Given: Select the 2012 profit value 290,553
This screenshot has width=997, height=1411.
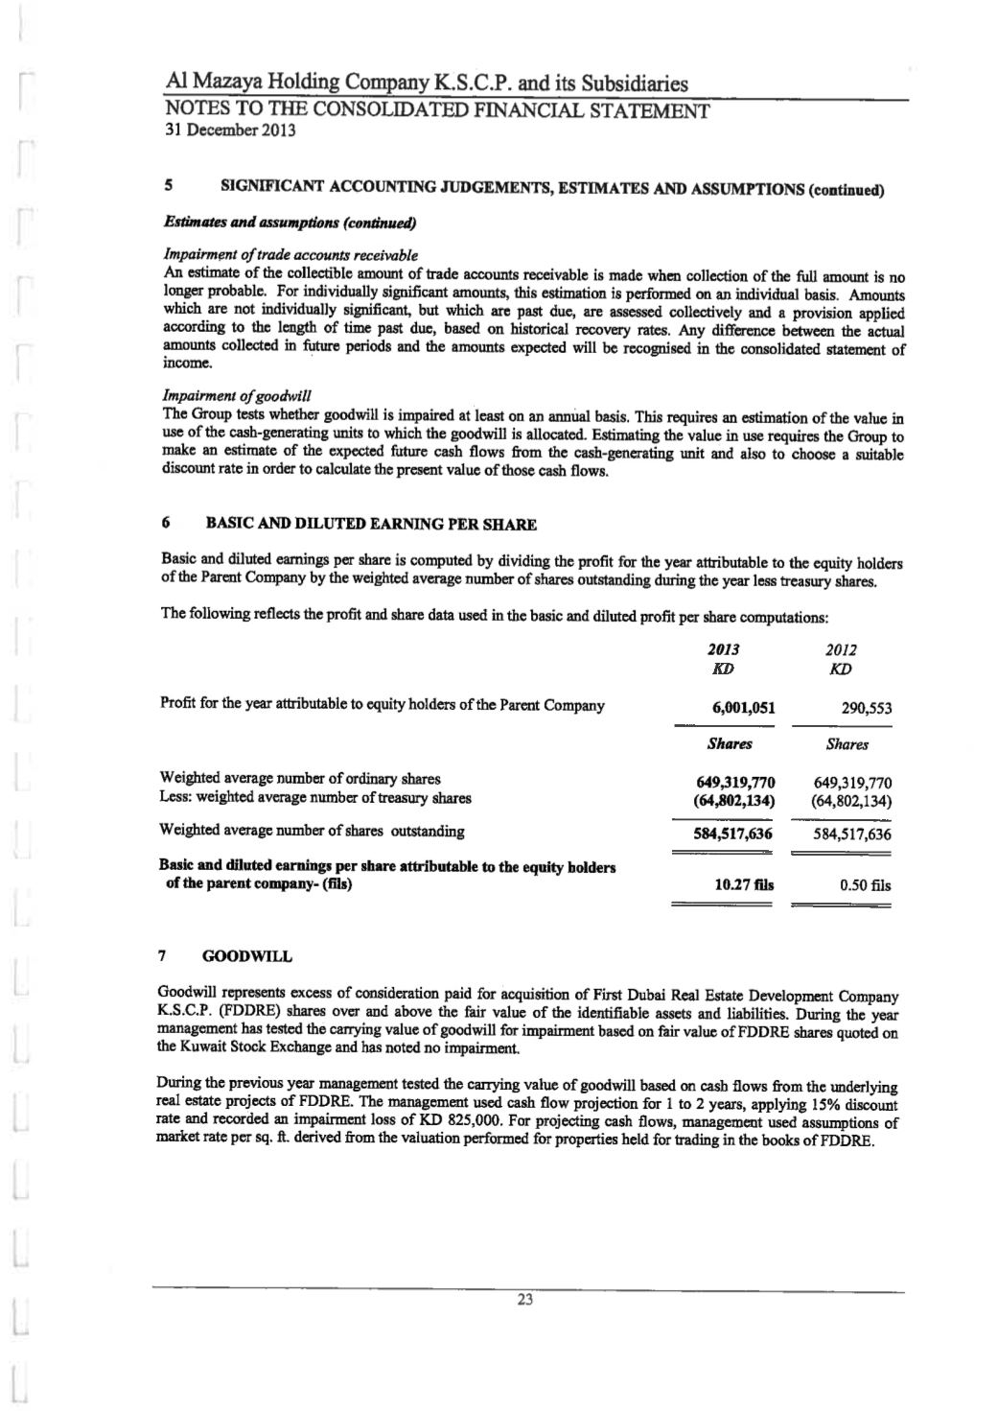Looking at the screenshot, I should pyautogui.click(x=867, y=709).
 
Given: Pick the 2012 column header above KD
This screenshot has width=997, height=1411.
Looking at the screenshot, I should pyautogui.click(x=844, y=649).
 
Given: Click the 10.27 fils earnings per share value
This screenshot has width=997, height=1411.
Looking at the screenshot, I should pyautogui.click(x=745, y=885).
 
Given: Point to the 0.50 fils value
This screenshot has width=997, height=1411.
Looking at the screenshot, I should pyautogui.click(x=865, y=885).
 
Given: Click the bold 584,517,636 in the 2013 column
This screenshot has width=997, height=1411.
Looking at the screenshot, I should pyautogui.click(x=733, y=833).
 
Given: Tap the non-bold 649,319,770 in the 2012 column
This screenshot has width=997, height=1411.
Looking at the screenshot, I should pyautogui.click(x=852, y=781).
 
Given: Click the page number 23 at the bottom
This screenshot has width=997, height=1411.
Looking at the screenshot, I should pyautogui.click(x=524, y=1300).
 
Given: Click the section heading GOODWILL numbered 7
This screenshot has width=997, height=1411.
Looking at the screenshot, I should pyautogui.click(x=247, y=956).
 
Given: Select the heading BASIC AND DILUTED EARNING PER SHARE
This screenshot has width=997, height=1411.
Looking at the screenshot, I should pyautogui.click(x=371, y=525).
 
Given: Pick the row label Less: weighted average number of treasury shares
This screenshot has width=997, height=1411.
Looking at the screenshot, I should pyautogui.click(x=314, y=797).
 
